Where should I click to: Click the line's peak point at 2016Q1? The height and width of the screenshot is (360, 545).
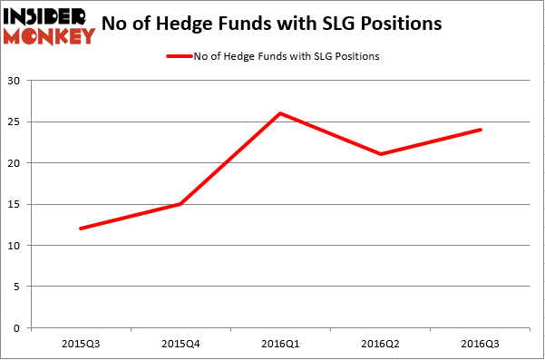coord(279,113)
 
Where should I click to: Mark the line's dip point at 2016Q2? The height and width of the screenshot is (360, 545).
coord(379,154)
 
